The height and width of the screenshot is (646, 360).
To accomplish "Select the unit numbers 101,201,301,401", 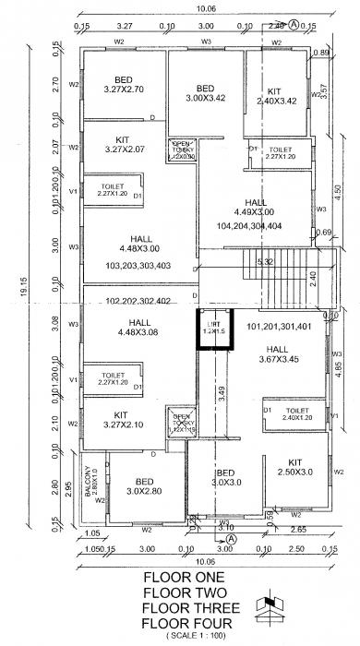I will click(279, 326).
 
